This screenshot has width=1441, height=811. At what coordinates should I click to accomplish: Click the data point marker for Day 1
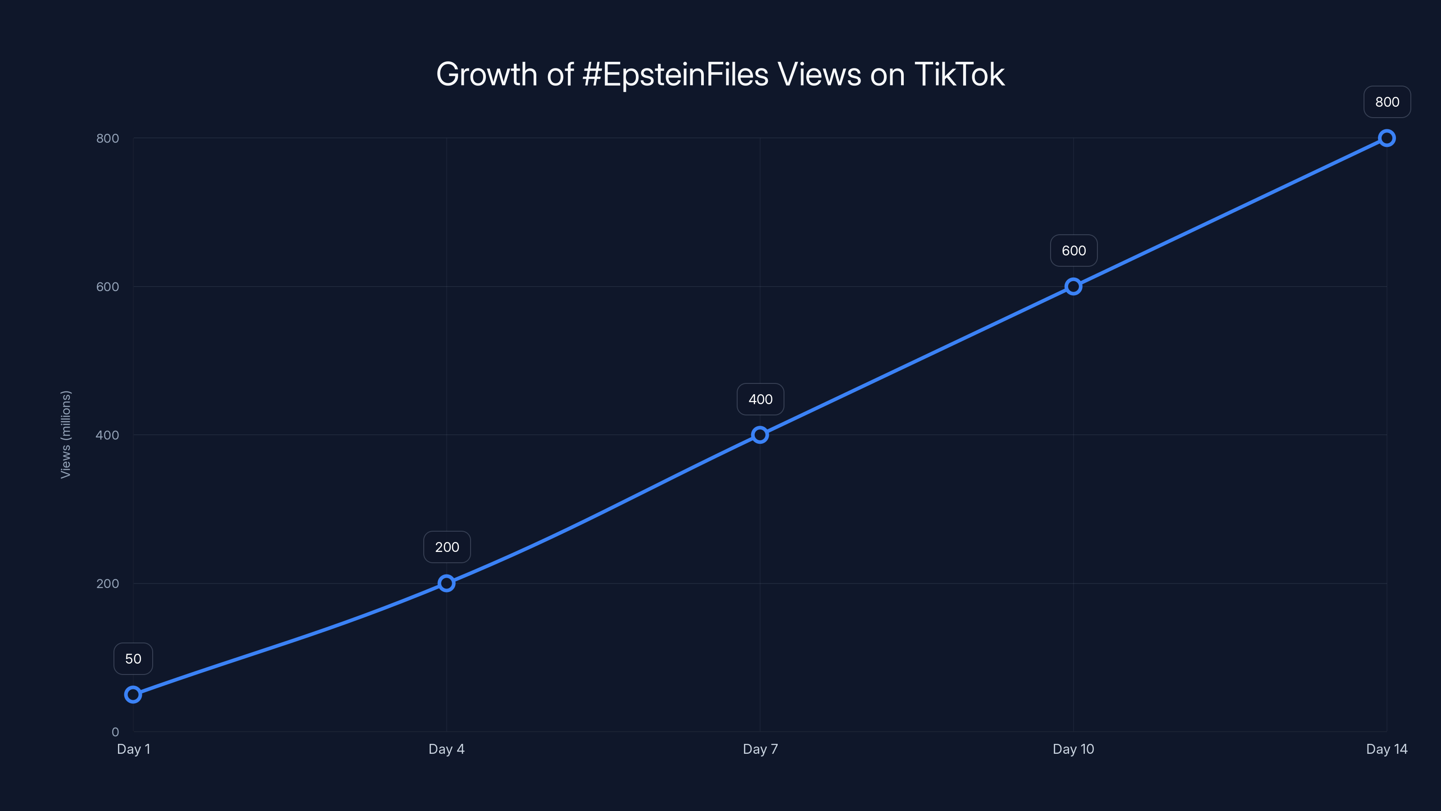(133, 695)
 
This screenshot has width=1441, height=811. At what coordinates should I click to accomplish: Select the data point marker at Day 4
(446, 583)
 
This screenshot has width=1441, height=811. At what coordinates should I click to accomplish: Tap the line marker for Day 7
(760, 435)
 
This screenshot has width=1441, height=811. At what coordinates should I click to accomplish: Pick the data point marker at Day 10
(1073, 287)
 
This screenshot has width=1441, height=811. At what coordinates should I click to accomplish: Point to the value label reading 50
(133, 659)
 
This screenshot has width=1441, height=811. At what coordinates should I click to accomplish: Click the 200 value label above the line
(447, 547)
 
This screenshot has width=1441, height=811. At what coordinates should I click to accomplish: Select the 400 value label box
(760, 399)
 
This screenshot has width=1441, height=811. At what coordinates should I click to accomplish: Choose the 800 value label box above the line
(1387, 102)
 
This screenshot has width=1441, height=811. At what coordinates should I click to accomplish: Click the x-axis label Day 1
(133, 749)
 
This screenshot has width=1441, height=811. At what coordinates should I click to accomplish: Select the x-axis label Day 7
(760, 749)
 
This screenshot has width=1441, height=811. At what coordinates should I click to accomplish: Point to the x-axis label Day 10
(1073, 749)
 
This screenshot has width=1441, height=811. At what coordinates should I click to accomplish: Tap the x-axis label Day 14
(1386, 749)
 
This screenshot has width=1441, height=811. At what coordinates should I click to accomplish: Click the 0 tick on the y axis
(115, 732)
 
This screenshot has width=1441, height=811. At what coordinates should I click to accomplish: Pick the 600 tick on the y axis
(108, 287)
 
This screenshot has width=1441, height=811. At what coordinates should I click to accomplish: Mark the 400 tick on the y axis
(108, 435)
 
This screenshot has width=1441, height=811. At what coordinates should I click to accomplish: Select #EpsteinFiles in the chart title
(675, 74)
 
